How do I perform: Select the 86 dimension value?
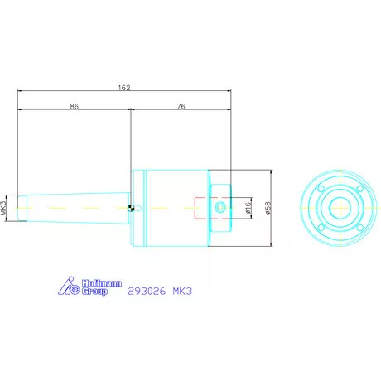[74, 107]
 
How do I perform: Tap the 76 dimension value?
[180, 107]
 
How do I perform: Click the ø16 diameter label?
[248, 207]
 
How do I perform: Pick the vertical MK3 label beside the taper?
[5, 207]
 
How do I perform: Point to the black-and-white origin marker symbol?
[132, 207]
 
